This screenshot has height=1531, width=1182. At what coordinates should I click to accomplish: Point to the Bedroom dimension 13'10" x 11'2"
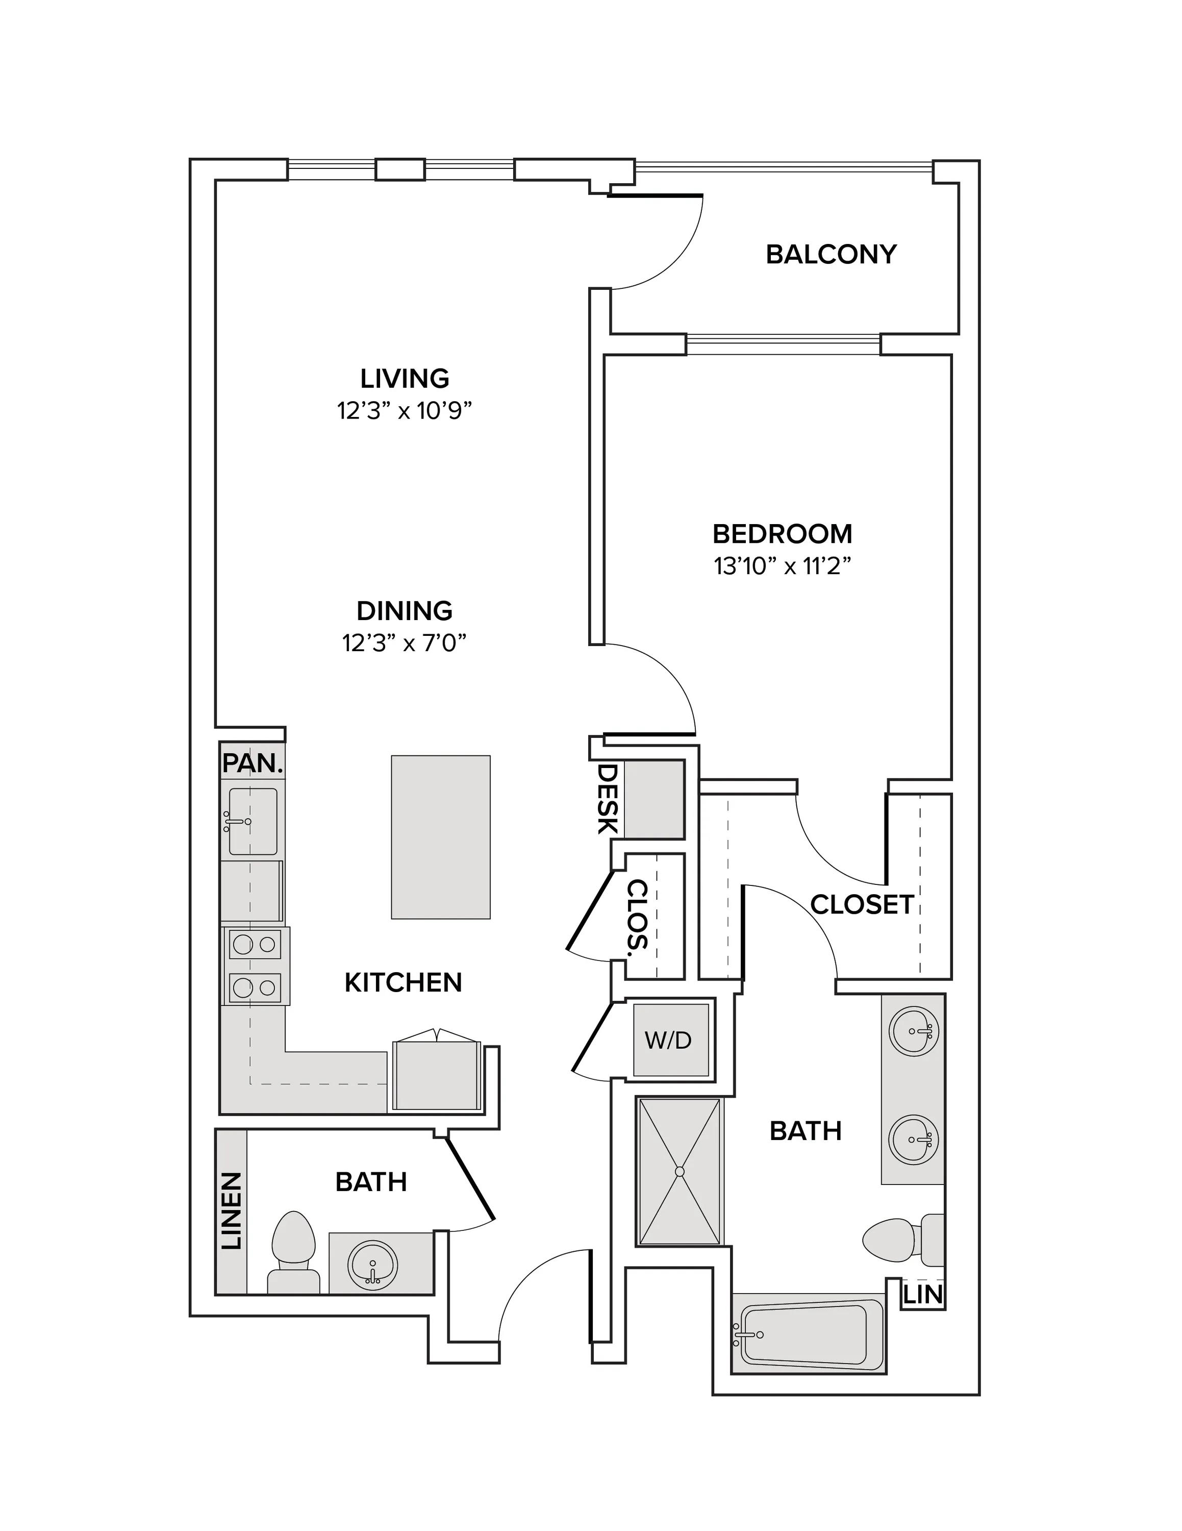pos(783,566)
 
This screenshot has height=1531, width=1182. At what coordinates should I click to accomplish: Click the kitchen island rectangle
pos(441,837)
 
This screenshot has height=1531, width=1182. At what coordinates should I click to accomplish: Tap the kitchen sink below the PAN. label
pos(252,821)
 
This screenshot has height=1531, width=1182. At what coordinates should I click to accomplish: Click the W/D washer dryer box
pos(668,1040)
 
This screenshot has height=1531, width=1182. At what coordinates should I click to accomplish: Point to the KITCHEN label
pos(404,983)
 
